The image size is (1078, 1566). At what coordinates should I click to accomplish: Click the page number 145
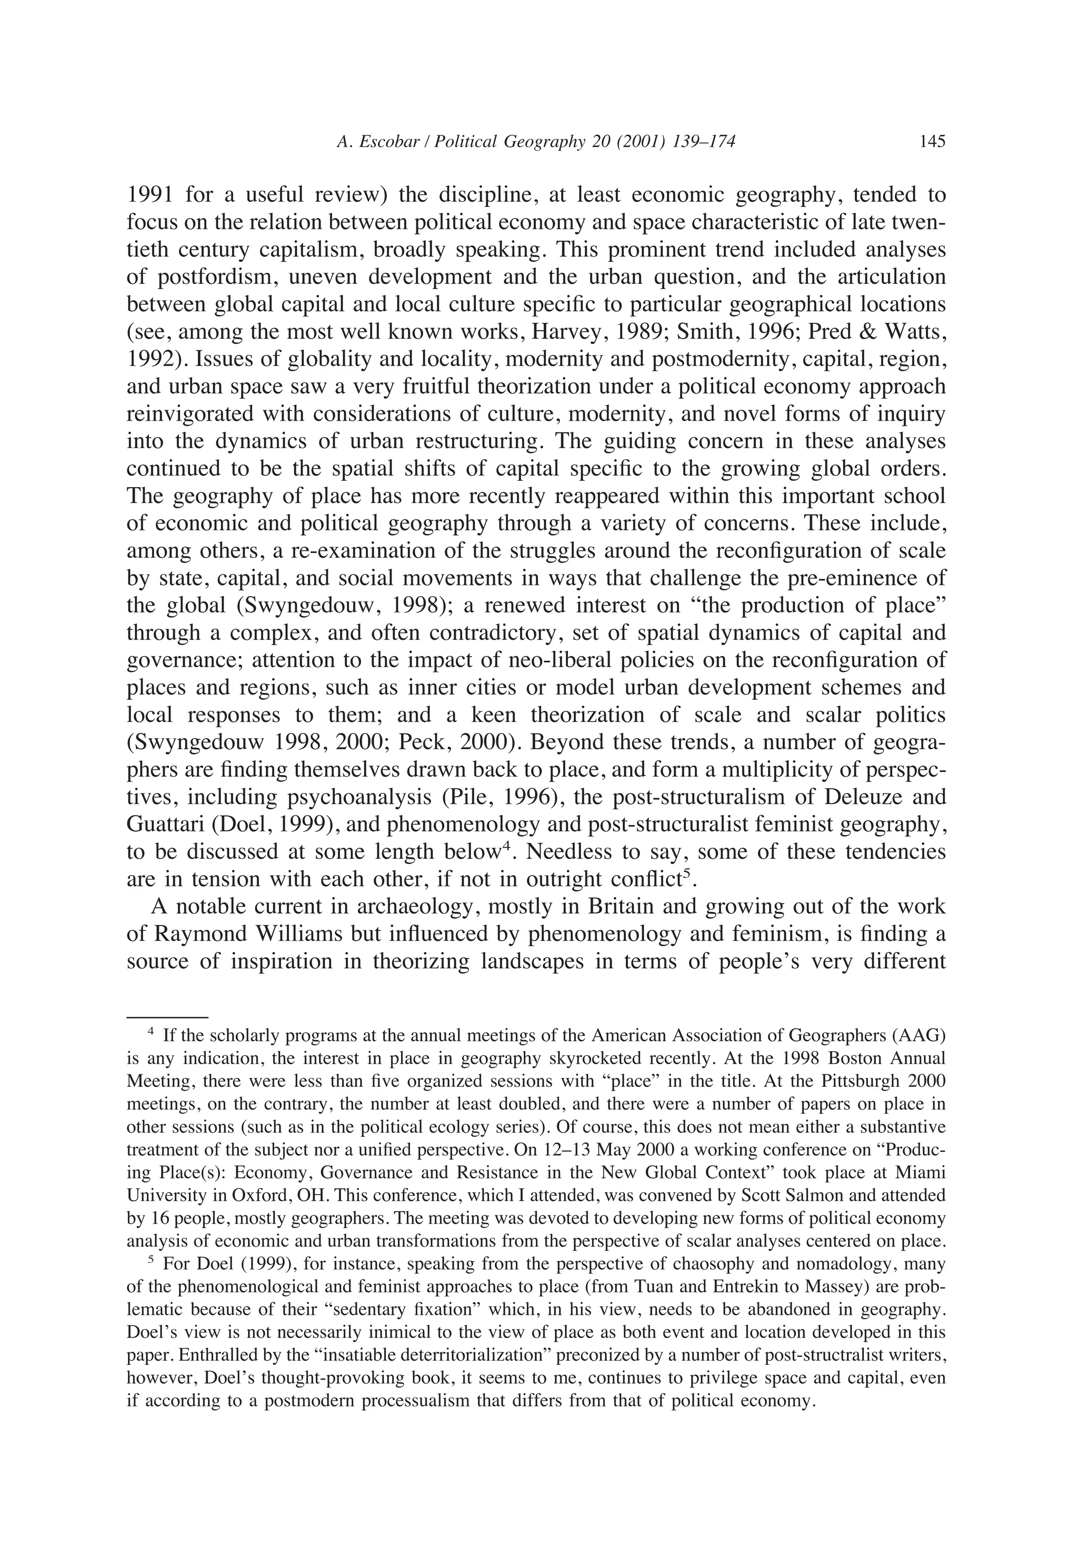[932, 141]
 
